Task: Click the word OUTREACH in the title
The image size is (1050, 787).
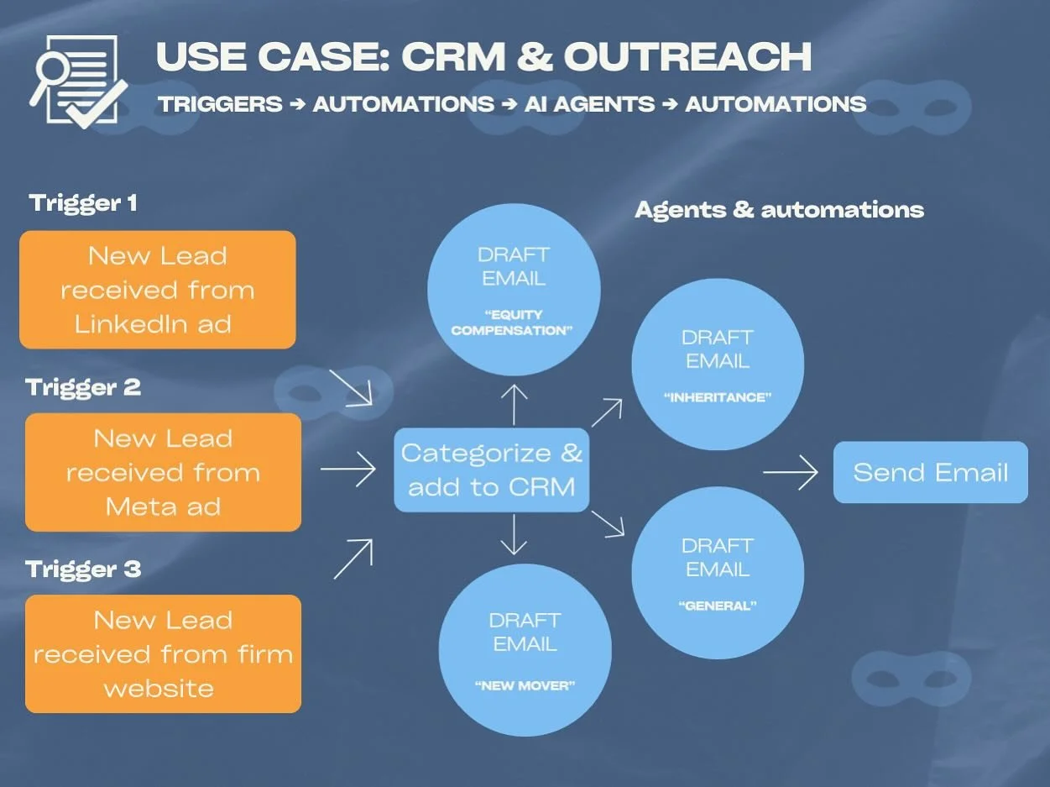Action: tap(687, 57)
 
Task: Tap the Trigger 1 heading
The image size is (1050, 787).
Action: tap(83, 203)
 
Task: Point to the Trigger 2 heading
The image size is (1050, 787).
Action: tap(83, 387)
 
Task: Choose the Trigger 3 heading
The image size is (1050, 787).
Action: tap(83, 569)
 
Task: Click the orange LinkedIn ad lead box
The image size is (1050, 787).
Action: tap(158, 290)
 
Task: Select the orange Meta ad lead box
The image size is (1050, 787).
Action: tap(163, 472)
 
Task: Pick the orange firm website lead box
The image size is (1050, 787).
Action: tap(163, 653)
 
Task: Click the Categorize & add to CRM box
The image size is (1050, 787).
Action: tap(492, 470)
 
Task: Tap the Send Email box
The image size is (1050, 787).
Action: tap(930, 472)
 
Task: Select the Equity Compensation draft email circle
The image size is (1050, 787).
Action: tap(513, 290)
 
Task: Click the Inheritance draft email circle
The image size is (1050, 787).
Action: tap(717, 364)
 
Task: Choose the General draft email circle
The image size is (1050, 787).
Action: tap(717, 572)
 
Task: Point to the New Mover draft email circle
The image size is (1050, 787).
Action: tap(525, 649)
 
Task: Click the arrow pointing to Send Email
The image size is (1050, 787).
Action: tap(790, 473)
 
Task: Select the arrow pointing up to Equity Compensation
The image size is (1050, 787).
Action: tap(514, 404)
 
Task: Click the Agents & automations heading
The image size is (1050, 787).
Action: tap(779, 209)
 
